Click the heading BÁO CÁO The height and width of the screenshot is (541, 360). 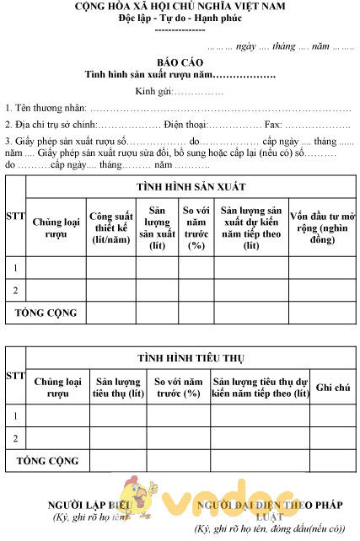180,62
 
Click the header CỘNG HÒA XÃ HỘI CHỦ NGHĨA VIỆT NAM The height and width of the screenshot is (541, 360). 180,8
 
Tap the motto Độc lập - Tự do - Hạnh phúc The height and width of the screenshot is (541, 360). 180,19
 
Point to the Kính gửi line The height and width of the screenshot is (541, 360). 180,90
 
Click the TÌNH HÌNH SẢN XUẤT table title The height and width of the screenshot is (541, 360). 191,187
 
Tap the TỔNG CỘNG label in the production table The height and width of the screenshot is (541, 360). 46,313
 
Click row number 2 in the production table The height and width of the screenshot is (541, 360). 15,291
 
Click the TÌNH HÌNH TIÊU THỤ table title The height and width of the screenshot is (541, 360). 192,357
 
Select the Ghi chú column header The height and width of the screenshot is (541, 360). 332,388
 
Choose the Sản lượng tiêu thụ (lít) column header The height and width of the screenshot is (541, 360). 118,388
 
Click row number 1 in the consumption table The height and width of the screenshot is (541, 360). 15,416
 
